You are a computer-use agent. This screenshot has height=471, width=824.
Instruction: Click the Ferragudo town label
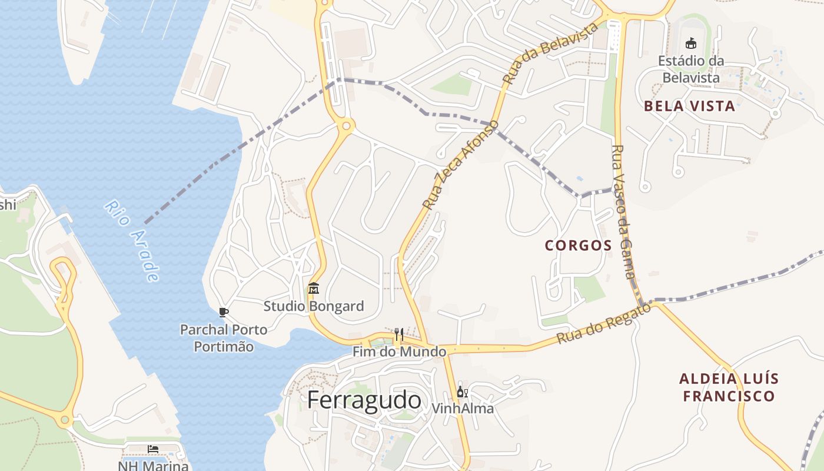point(364,400)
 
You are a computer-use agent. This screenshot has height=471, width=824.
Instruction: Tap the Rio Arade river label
point(132,241)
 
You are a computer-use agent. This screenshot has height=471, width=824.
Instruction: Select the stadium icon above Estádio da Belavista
point(691,43)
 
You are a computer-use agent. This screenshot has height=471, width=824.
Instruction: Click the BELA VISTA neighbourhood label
point(689,106)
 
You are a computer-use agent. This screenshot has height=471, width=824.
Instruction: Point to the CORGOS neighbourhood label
point(578,246)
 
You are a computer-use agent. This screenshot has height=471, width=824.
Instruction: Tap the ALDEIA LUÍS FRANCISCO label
point(728,387)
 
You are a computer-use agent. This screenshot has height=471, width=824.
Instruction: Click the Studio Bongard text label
point(314,306)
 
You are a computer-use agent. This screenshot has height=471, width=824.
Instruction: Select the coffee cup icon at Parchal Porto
point(223,312)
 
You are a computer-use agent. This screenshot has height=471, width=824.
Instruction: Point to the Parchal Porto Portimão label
point(224,338)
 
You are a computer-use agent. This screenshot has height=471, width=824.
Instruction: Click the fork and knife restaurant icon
point(399,334)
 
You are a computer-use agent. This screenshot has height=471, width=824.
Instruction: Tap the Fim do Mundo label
point(399,352)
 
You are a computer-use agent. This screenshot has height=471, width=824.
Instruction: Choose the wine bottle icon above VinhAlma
point(463,392)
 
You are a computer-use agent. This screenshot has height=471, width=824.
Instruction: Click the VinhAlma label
point(463,408)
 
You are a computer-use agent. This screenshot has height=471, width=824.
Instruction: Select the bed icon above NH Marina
point(153,449)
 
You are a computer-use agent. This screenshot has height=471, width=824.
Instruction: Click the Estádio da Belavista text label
point(691,69)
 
